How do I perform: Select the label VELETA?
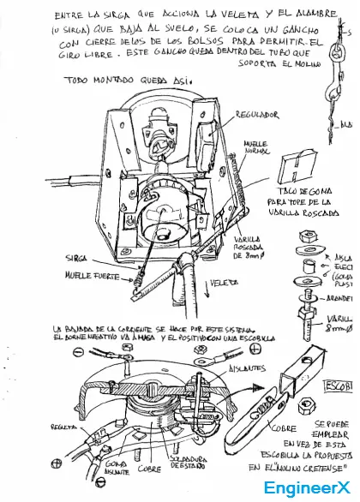pyautogui.click(x=225, y=282)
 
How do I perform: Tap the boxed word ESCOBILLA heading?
pyautogui.click(x=340, y=363)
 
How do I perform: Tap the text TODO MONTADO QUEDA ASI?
pyautogui.click(x=124, y=81)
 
